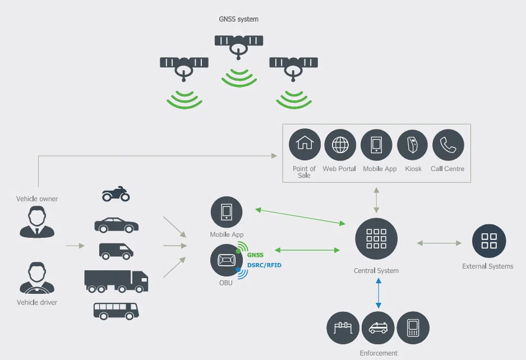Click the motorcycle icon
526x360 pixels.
pos(116,195)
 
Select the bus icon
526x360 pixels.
pos(116,310)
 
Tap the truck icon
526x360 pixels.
pos(116,280)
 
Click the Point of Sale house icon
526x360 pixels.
pos(304,145)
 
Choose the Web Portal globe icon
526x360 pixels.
pos(340,145)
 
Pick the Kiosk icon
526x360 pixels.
pos(413,145)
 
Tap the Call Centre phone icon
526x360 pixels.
pos(448,145)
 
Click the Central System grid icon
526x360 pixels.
pos(376,239)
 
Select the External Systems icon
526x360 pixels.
pos(489,241)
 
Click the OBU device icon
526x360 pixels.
pos(226,260)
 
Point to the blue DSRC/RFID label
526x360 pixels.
pos(265,265)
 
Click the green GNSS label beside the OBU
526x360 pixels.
pos(255,255)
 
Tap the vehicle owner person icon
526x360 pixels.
pos(37,221)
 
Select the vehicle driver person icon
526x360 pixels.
pos(37,279)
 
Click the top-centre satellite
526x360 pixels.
pos(239,44)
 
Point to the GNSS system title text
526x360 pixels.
pos(239,19)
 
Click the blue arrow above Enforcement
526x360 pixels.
pos(379,293)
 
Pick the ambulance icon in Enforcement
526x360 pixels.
pos(377,328)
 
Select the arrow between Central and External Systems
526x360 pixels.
pos(439,243)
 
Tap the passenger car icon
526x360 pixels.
pos(116,224)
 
